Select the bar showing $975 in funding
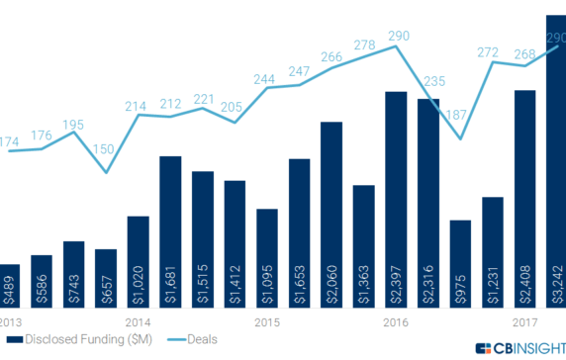click(460, 262)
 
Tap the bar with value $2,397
click(396, 198)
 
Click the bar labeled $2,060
click(331, 213)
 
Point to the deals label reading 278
click(364, 45)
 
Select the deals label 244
click(266, 79)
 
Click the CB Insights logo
click(519, 348)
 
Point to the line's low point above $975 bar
click(460, 138)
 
